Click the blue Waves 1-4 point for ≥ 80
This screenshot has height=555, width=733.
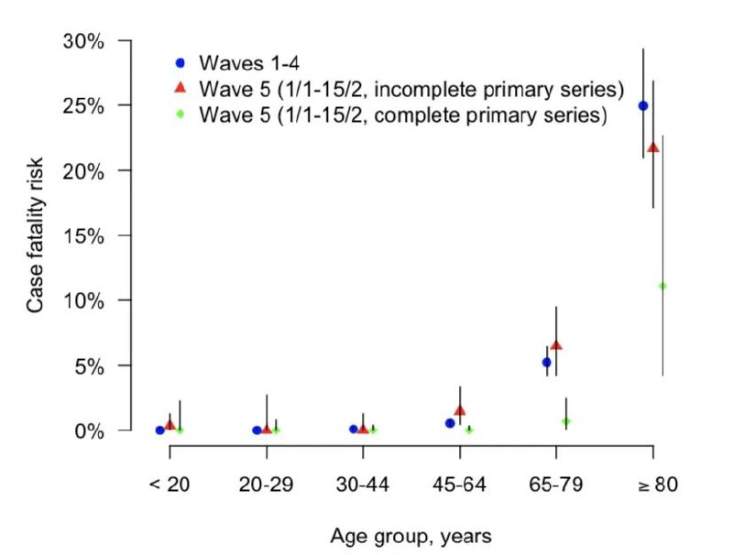643,106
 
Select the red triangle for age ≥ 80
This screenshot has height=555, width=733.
653,147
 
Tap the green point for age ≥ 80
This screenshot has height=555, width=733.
662,286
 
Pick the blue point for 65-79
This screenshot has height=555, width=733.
546,362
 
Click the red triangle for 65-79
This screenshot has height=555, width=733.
556,345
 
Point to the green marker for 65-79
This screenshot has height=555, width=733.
566,421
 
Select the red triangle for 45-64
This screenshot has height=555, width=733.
460,410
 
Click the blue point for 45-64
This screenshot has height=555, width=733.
450,423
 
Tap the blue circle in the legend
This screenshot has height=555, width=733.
180,62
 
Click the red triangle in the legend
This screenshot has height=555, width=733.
180,87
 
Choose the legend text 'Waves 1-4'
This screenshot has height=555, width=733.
248,62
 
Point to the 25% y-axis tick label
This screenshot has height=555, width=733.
83,106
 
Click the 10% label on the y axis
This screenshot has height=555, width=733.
83,301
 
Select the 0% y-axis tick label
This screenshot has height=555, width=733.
89,430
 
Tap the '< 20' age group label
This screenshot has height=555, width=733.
170,484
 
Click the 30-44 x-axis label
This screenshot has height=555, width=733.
362,484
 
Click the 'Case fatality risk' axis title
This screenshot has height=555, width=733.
35,235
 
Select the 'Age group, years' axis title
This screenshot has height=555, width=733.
410,537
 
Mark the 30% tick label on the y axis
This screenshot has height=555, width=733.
83,41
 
